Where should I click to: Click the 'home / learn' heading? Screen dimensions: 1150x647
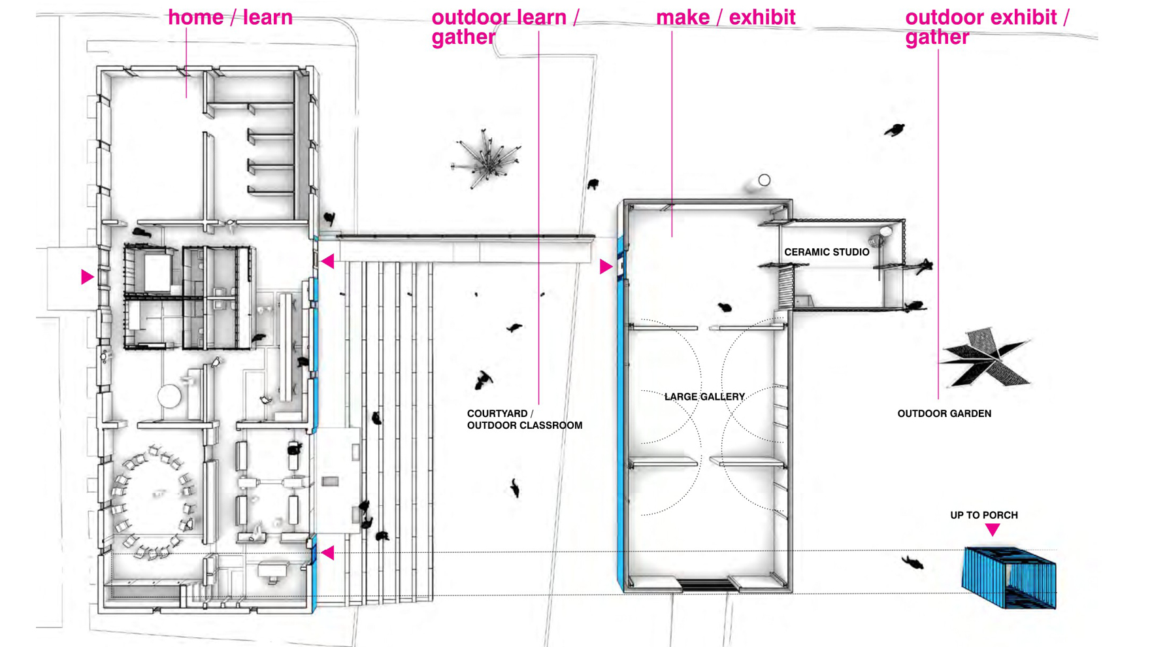[230, 18]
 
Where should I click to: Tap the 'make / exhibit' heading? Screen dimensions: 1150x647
[725, 18]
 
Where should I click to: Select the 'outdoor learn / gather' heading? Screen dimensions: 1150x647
[505, 27]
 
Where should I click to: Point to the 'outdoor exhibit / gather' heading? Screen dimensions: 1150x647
[987, 27]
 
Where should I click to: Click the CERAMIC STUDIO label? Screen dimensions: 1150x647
[827, 252]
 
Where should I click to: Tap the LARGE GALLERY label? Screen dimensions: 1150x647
[704, 397]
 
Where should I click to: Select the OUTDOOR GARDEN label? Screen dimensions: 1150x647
[944, 414]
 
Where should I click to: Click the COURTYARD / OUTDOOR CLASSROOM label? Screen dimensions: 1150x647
[524, 420]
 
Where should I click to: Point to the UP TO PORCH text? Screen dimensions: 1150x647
[983, 516]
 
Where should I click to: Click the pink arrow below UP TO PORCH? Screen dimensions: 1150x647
[993, 529]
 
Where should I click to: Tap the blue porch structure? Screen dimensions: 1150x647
[1009, 578]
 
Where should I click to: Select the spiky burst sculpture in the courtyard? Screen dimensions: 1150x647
[487, 159]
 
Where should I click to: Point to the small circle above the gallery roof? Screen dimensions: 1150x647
[764, 180]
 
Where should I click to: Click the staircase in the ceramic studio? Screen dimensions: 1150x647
[786, 288]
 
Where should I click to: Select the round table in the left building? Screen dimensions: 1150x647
[169, 396]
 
